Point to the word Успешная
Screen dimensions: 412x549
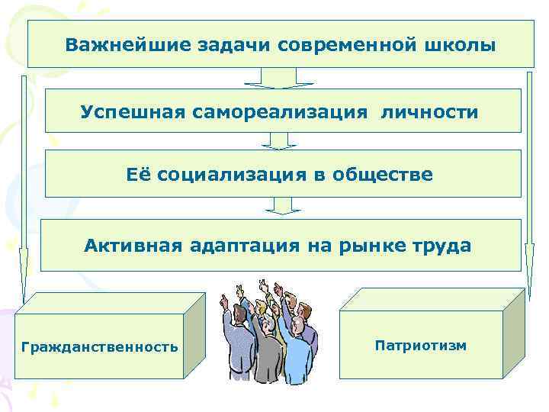pyautogui.click(x=129, y=112)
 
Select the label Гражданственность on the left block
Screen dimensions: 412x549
pyautogui.click(x=100, y=347)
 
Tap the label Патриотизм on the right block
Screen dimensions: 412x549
pyautogui.click(x=421, y=346)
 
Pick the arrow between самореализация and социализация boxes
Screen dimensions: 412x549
pyautogui.click(x=279, y=140)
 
